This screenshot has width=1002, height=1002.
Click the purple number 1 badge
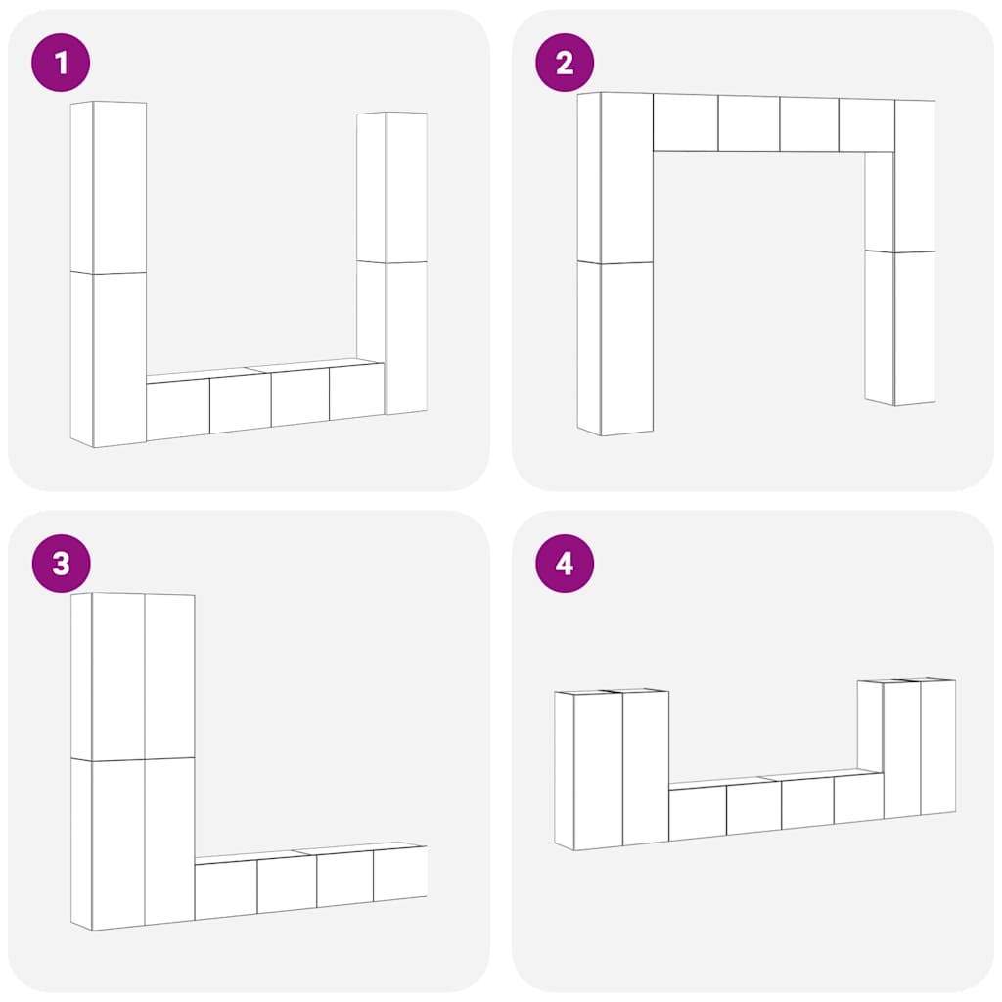click(61, 63)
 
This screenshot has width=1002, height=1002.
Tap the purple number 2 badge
click(565, 63)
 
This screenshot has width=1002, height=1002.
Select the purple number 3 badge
click(61, 564)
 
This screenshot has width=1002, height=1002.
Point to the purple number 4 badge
click(565, 564)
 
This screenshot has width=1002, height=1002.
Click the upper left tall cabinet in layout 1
click(109, 187)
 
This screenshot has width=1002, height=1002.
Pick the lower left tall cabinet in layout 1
click(109, 360)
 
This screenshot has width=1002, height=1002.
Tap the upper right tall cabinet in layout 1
click(391, 187)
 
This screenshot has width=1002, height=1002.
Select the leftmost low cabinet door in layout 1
click(178, 409)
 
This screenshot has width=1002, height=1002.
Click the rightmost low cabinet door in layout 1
click(356, 391)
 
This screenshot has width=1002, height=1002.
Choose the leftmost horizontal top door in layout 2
click(686, 122)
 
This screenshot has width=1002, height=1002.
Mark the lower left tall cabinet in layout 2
click(615, 347)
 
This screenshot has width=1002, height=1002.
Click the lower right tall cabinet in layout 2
click(900, 327)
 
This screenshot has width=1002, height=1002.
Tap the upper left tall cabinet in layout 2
click(615, 177)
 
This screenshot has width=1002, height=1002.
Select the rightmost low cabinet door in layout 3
click(400, 873)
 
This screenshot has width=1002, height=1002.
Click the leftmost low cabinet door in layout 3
click(226, 891)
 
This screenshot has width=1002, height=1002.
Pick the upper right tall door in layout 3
click(170, 676)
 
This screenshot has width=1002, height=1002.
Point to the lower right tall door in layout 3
click(170, 841)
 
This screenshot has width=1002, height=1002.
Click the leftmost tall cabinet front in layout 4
click(598, 771)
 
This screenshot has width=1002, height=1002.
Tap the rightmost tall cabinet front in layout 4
click(938, 747)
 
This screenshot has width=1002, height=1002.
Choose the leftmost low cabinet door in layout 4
click(698, 812)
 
